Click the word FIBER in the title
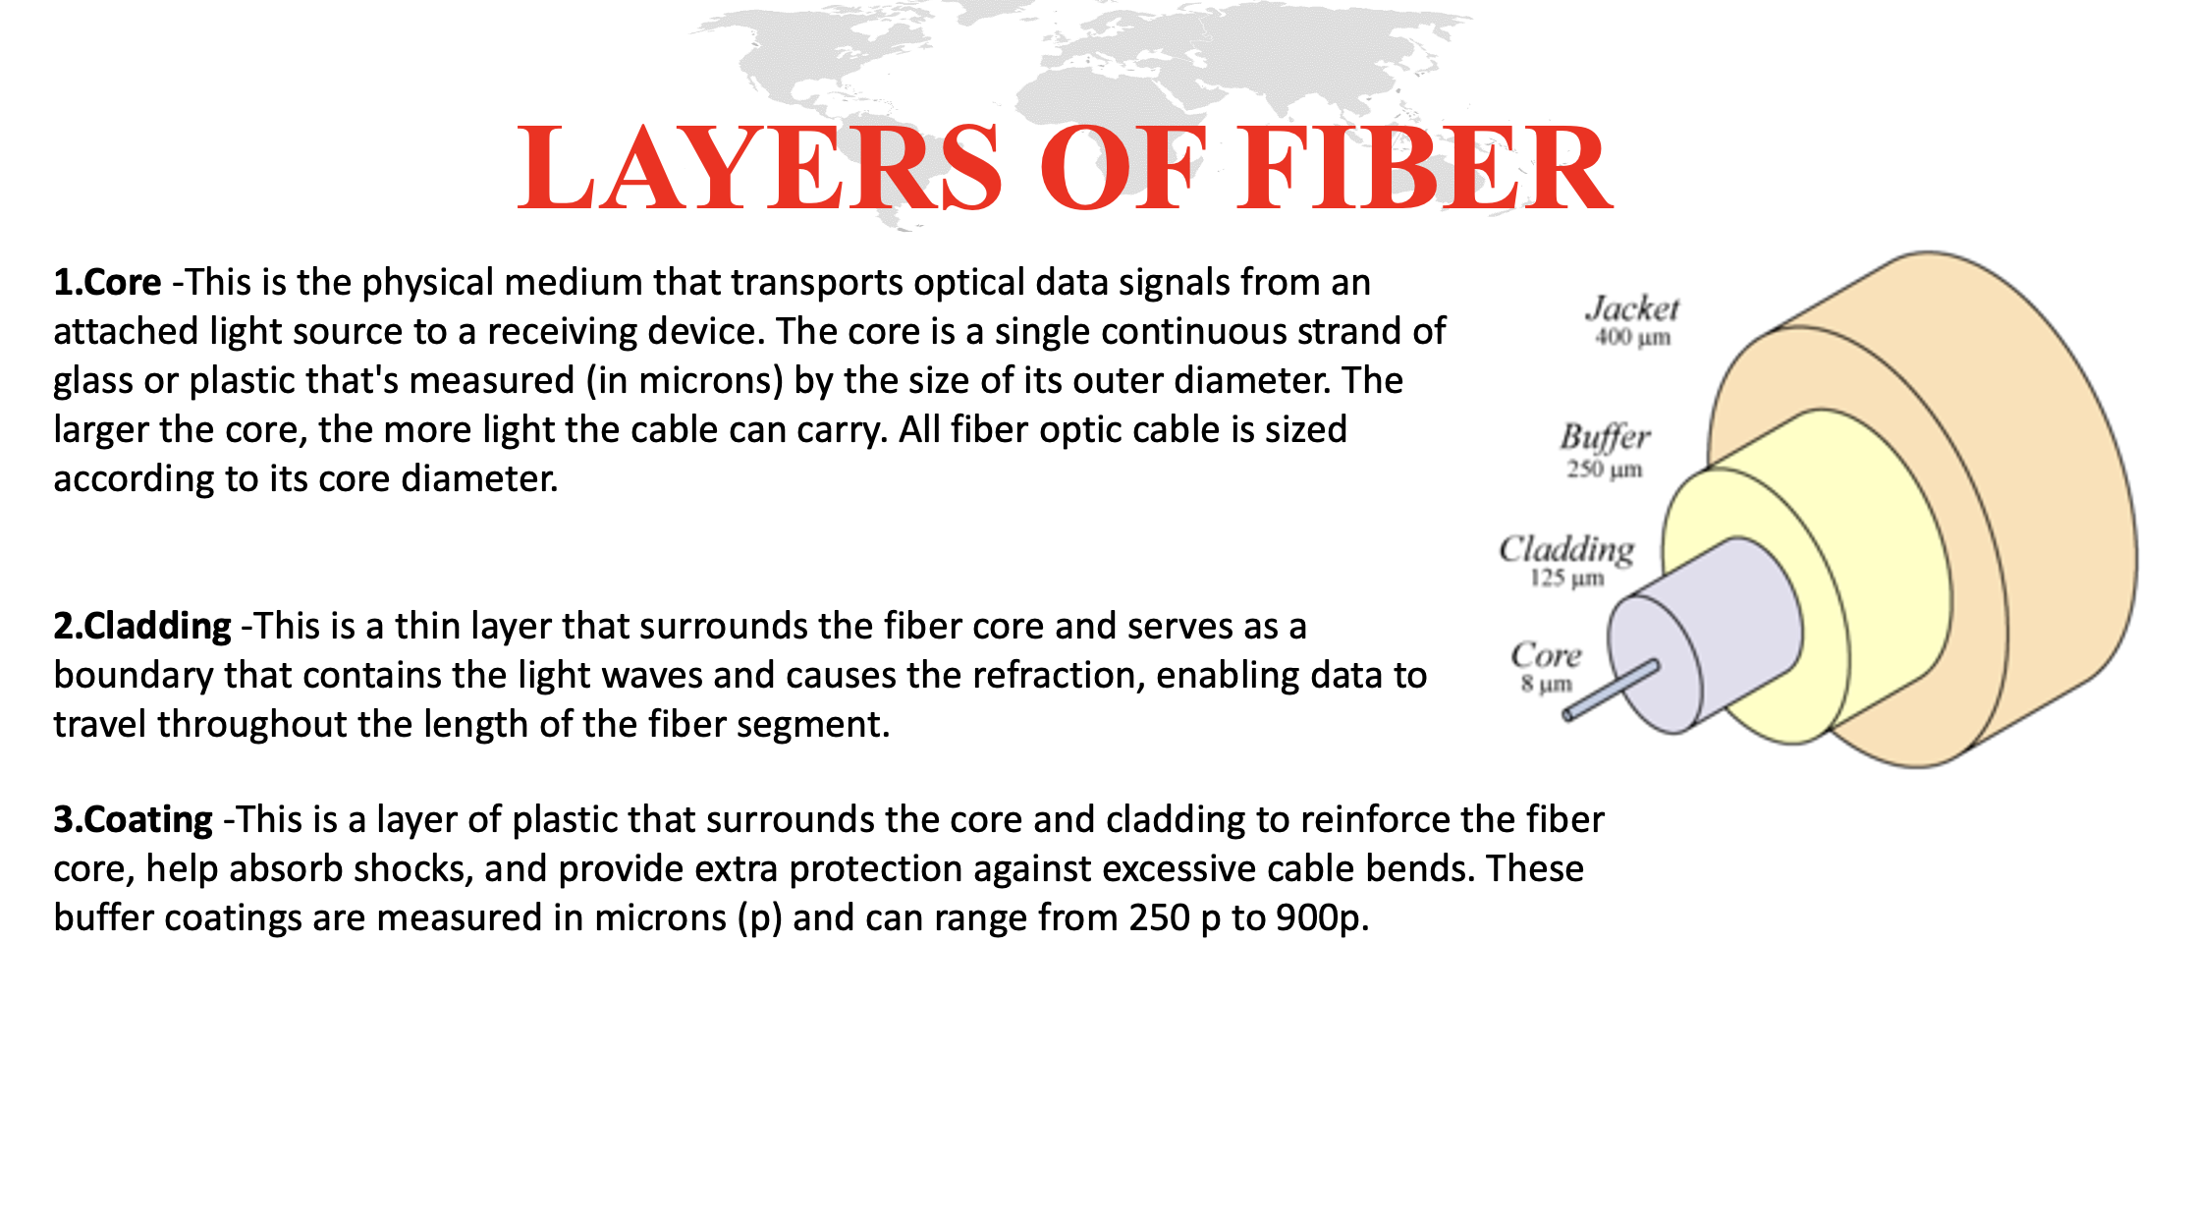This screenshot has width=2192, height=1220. [x=1424, y=168]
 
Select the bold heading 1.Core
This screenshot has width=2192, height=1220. [x=107, y=282]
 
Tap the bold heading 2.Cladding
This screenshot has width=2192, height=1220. [x=142, y=626]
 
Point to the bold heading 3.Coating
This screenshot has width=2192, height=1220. [x=133, y=819]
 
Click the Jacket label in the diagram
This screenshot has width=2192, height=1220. [x=1632, y=308]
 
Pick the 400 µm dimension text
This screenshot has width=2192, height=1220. [x=1632, y=338]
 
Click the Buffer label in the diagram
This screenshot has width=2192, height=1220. [x=1605, y=437]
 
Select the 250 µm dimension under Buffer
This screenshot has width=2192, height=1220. [x=1605, y=469]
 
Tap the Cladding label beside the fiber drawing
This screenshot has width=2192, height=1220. [x=1566, y=549]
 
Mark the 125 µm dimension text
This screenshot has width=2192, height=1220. [x=1566, y=578]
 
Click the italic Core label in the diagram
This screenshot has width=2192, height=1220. [x=1546, y=654]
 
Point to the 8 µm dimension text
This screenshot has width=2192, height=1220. [x=1546, y=684]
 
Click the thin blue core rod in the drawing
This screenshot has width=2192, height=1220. [x=1611, y=690]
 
